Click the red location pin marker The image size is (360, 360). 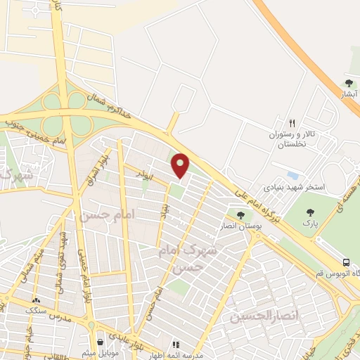(181, 165)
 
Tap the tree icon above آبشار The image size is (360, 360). (349, 84)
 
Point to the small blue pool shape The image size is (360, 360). (293, 175)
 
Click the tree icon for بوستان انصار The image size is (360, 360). (241, 215)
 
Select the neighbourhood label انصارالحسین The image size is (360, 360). (264, 316)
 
